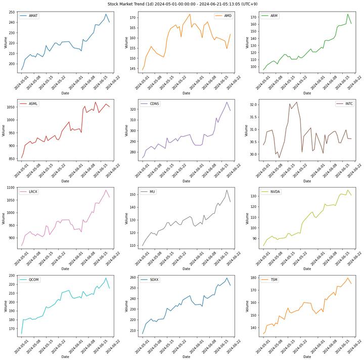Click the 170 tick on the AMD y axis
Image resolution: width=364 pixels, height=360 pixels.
point(132,18)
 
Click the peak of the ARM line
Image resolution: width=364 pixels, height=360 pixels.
point(348,14)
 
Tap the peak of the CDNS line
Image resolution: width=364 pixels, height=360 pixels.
point(227,102)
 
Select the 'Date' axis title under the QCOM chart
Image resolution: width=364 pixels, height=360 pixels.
point(65,356)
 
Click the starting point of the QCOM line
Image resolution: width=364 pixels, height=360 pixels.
point(21,334)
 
